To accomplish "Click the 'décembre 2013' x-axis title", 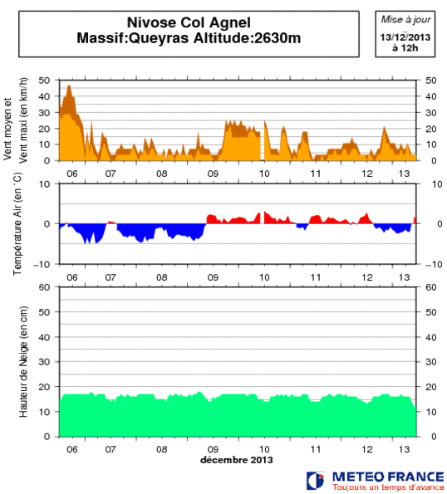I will coord(236,459).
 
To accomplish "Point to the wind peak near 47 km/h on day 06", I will coord(69,86).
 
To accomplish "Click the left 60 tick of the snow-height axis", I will coord(47,287).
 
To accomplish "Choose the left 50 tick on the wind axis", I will coord(47,81).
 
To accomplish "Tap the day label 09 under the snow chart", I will coord(213,448).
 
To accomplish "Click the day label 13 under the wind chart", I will coord(405,173).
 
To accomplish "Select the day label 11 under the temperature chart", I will coord(316,276).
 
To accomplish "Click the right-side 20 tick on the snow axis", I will coord(430,387).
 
